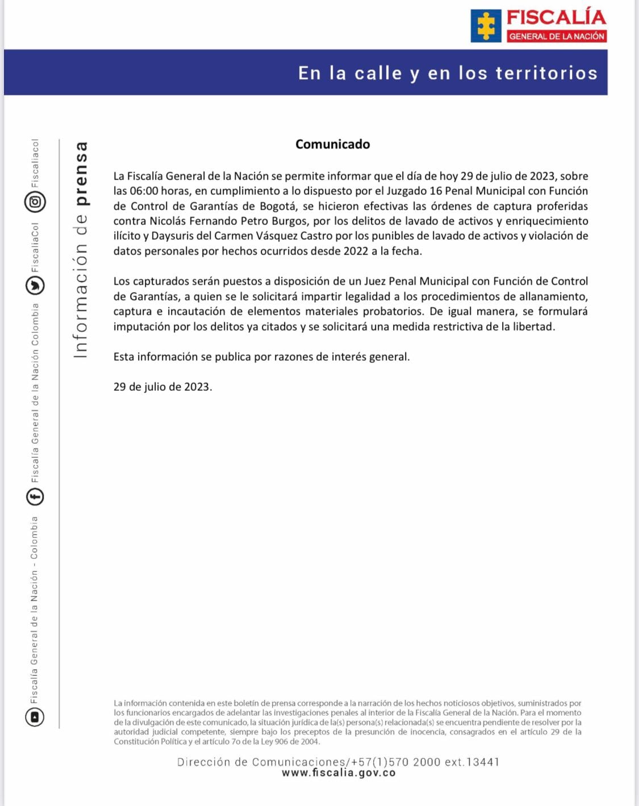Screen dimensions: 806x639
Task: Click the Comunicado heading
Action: tap(332, 144)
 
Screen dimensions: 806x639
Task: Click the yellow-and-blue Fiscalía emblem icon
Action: tap(486, 26)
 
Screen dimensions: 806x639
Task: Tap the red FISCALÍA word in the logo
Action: tap(556, 18)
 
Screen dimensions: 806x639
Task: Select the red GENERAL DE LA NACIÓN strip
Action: tap(557, 36)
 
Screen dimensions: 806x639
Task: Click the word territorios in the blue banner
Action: tap(546, 73)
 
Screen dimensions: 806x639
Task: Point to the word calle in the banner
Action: tap(378, 73)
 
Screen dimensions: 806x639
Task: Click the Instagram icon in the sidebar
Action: tap(35, 202)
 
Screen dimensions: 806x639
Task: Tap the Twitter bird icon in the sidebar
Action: tap(35, 285)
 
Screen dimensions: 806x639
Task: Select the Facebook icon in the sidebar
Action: tap(35, 497)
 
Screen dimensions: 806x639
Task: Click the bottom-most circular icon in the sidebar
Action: tap(35, 717)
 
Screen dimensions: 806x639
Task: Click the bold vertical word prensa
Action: tap(82, 174)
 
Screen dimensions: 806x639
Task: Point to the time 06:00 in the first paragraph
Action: tap(144, 191)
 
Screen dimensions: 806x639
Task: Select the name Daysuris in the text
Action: tap(172, 236)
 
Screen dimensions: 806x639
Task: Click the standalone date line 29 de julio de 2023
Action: tap(162, 387)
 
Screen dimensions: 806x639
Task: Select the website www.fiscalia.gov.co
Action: tap(339, 773)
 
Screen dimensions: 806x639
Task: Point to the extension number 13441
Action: tap(482, 762)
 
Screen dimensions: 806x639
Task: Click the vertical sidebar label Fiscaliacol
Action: tap(35, 163)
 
